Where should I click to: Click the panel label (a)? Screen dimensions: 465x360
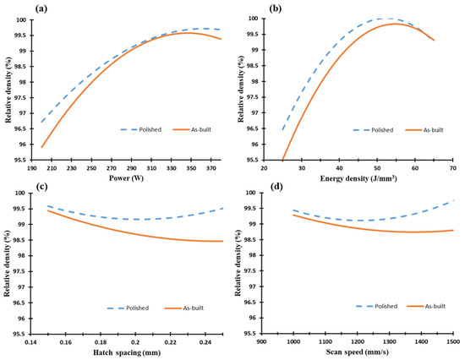41,9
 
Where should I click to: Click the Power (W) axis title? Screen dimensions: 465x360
126,178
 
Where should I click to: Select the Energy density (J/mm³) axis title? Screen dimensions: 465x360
358,178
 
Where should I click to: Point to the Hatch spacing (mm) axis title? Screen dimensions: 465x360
127,352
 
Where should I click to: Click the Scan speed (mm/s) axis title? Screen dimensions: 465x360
357,352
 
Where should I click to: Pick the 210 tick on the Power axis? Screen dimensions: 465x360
52,168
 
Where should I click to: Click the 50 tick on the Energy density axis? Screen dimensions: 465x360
377,168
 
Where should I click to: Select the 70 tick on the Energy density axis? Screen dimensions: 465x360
453,168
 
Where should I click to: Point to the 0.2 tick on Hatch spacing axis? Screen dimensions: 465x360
135,342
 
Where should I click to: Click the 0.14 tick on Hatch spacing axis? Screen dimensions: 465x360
30,342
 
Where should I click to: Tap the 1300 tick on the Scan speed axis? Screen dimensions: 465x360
389,341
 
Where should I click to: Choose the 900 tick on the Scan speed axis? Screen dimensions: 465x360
261,341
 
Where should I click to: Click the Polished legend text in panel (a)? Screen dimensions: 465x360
150,129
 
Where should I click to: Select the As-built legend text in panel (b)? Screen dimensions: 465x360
433,130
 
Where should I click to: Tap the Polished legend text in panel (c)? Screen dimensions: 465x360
137,308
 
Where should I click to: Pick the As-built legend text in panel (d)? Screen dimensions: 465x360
435,306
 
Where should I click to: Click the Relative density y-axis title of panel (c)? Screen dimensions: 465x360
7,263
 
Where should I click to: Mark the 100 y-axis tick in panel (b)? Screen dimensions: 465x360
254,19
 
